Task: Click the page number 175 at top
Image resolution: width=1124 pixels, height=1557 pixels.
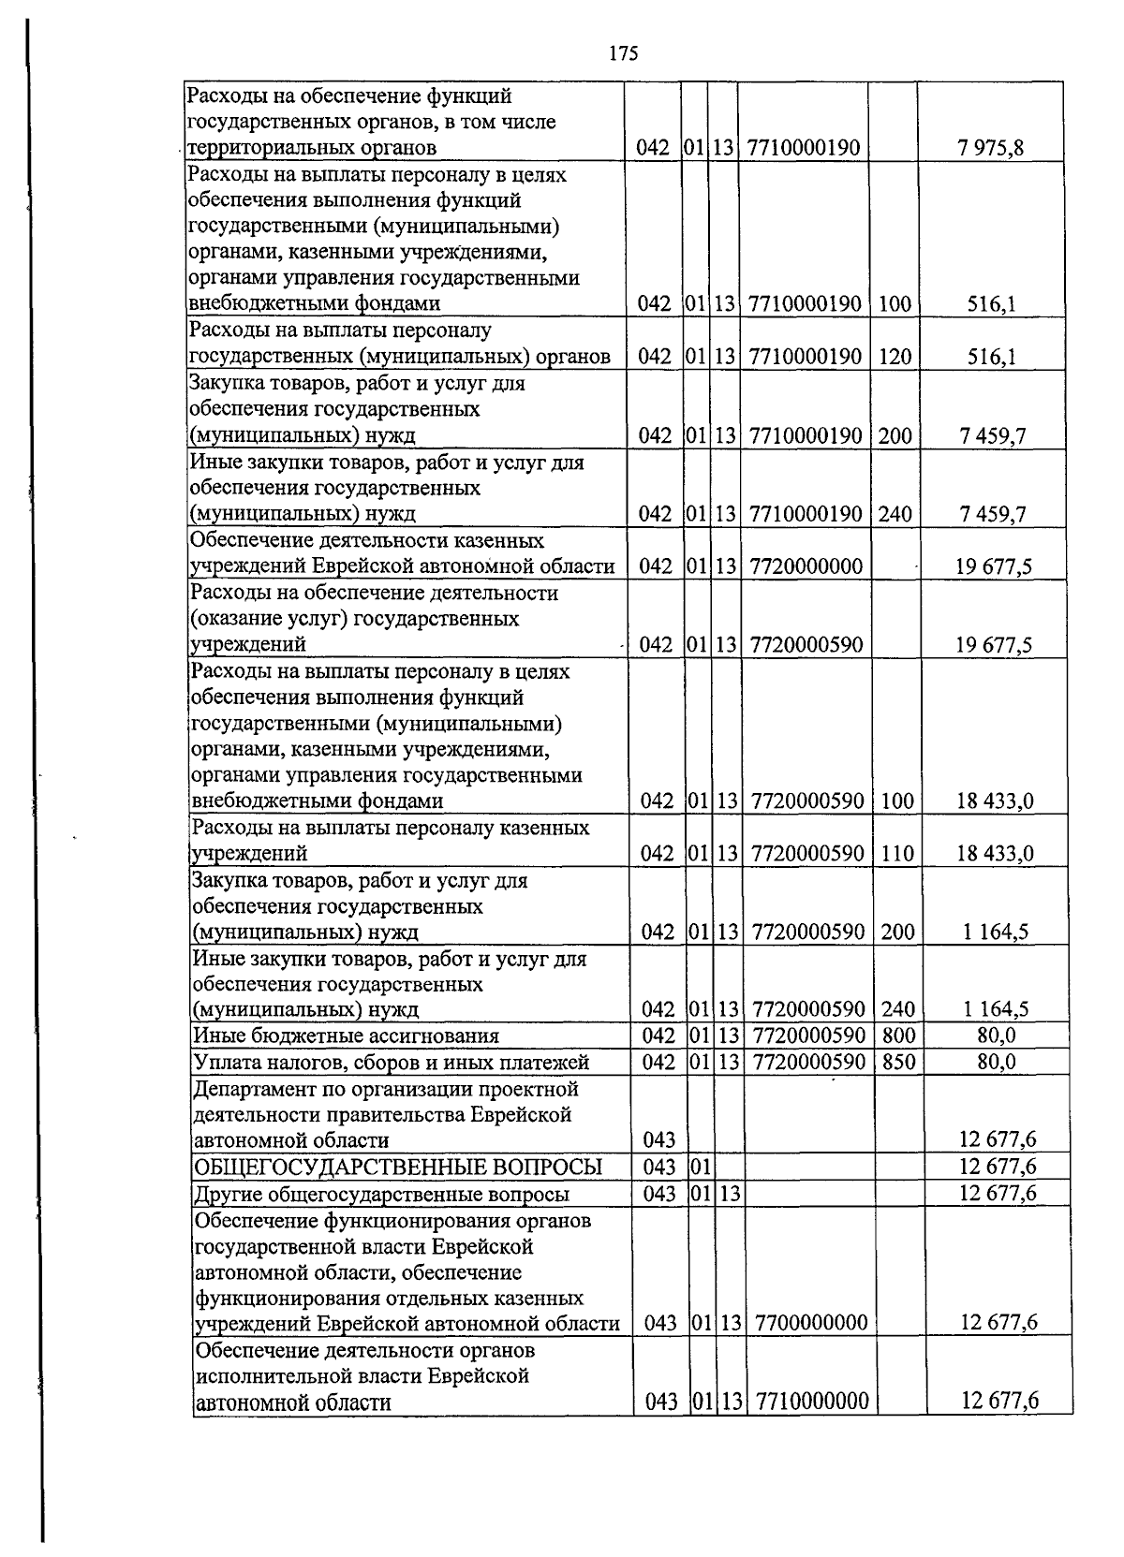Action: (622, 53)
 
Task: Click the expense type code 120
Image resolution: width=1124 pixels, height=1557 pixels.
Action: (895, 357)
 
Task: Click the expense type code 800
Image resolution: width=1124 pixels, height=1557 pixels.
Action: (898, 1036)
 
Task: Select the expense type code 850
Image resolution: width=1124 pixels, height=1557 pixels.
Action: (898, 1062)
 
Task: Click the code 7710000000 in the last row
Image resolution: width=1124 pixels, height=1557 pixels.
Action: (812, 1402)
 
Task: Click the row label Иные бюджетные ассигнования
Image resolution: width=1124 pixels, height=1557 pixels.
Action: (346, 1036)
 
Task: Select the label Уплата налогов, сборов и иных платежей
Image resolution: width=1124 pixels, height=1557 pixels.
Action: (391, 1062)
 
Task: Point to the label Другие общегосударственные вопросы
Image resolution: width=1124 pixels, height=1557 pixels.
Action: (381, 1194)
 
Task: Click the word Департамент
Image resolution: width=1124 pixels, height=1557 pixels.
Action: (250, 1089)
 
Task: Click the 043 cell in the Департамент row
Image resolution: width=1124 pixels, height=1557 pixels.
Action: (658, 1140)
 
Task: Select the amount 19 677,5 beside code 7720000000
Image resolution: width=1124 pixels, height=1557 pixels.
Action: (993, 566)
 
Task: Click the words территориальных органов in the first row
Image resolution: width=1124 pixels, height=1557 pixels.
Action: (313, 148)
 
